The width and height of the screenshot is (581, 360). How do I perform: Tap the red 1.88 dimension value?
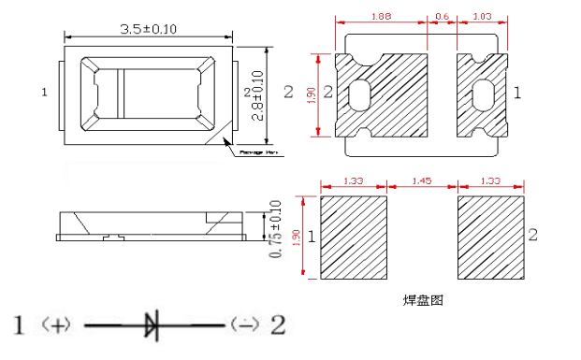(381, 17)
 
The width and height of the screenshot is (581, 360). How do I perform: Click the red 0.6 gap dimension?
(443, 17)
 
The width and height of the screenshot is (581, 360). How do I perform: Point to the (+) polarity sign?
(57, 325)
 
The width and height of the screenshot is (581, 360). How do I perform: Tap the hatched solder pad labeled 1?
(354, 238)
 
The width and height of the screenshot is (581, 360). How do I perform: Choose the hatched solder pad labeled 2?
(489, 238)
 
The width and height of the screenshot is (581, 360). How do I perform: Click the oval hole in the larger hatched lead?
(360, 94)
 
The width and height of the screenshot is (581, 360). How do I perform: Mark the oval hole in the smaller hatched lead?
(484, 94)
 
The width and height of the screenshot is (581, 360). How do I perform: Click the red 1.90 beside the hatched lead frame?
(312, 92)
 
